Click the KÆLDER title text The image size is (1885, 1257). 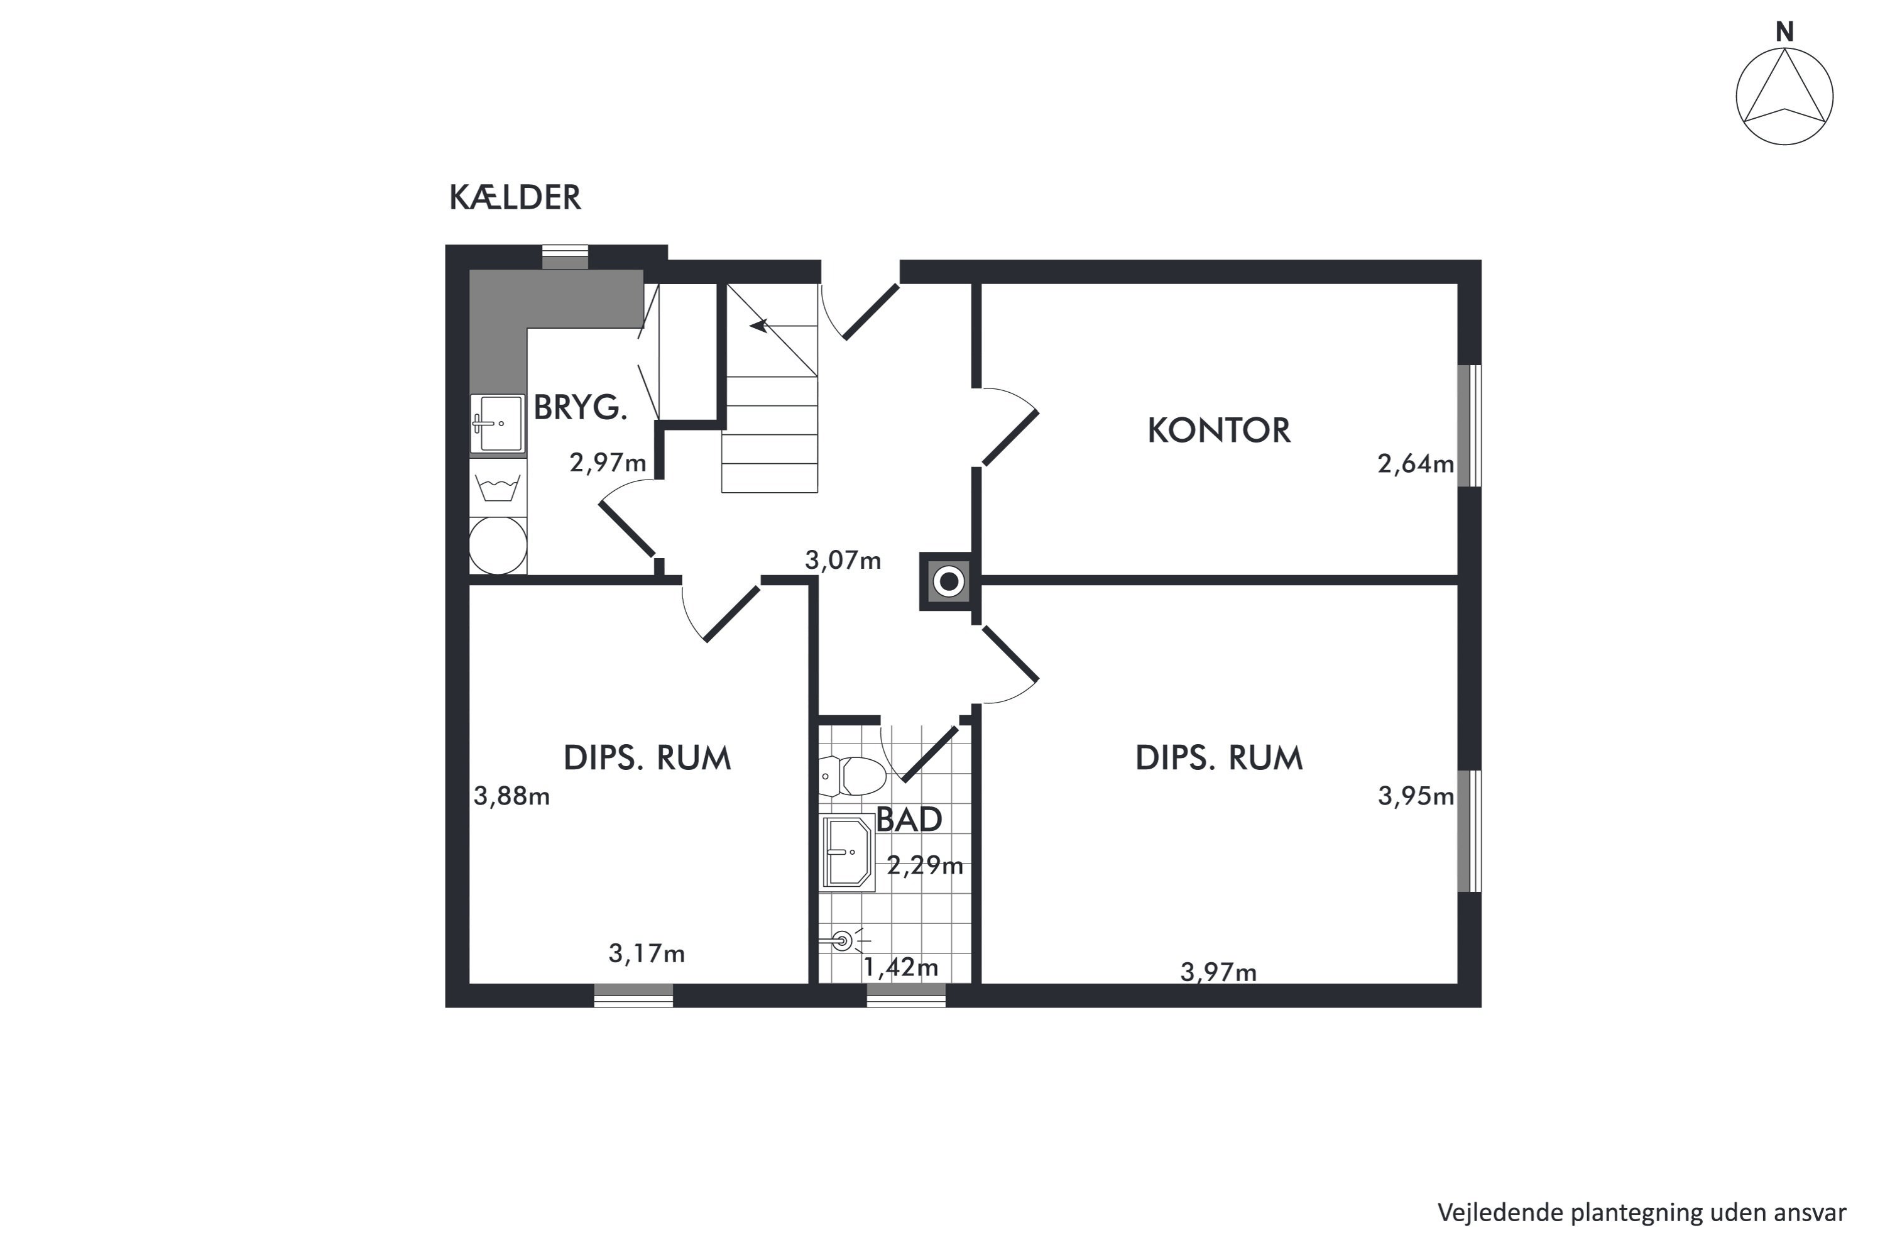pos(515,197)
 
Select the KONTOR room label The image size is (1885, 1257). pos(1219,431)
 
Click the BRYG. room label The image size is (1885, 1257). pos(580,407)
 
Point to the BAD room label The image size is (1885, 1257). pos(909,820)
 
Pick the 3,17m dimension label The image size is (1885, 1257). pos(647,953)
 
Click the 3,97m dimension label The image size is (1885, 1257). pos(1218,972)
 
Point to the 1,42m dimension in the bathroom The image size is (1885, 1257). pos(901,968)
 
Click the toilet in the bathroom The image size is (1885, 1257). pos(853,776)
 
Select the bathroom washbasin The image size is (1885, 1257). pos(846,853)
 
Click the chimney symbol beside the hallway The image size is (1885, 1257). pos(949,581)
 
